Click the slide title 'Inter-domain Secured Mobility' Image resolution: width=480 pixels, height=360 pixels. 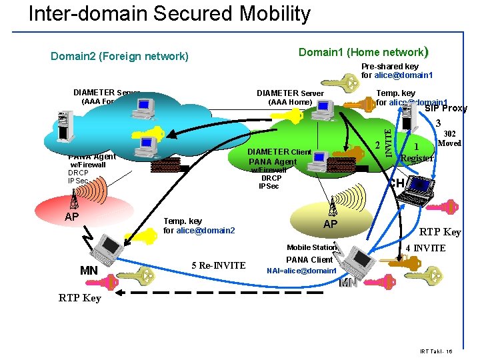coord(169,14)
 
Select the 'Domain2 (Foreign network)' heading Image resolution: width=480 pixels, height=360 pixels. coord(119,56)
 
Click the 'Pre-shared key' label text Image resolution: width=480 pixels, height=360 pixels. coord(390,67)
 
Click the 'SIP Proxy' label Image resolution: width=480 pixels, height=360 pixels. coord(446,109)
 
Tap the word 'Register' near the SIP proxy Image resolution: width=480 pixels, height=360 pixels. coord(417,158)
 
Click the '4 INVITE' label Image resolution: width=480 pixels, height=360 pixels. coord(425,249)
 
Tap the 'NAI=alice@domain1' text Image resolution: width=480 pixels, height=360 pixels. coord(301,271)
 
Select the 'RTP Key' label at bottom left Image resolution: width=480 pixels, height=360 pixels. coord(79,298)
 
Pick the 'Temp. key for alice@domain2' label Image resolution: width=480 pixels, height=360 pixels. coord(199,225)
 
